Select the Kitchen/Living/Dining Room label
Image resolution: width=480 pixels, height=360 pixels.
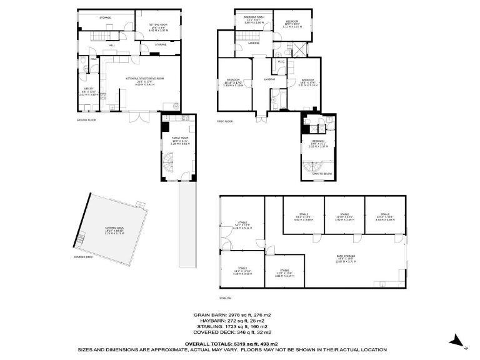[x=144, y=79]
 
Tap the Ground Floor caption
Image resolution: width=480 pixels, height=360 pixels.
[x=86, y=119]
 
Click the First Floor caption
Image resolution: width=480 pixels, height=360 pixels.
[x=224, y=121]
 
